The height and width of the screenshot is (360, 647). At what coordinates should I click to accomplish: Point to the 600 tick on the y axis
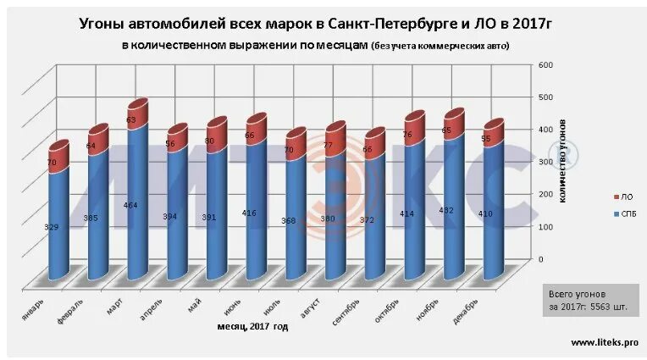546,64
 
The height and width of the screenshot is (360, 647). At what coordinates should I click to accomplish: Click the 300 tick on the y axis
546,162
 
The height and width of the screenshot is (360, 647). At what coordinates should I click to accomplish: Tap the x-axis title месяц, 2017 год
253,326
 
